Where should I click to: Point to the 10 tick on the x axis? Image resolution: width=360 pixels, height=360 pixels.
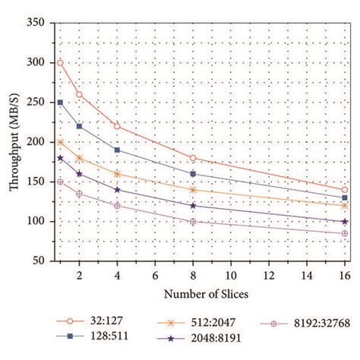click(x=231, y=270)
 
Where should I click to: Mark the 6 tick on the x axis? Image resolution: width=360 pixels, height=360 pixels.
click(x=155, y=270)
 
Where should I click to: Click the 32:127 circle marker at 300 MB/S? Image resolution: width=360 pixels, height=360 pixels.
click(x=60, y=62)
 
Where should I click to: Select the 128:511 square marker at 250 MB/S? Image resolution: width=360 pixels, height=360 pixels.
click(x=60, y=102)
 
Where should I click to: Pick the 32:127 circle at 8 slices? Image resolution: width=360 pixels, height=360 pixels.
click(x=193, y=158)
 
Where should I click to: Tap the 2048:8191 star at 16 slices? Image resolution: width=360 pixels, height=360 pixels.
click(x=345, y=221)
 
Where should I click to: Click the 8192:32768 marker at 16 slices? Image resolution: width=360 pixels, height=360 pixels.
click(x=345, y=233)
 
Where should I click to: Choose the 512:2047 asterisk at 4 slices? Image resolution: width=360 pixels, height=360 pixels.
click(x=117, y=174)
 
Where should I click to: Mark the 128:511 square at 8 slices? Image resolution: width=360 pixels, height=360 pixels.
click(x=193, y=174)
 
